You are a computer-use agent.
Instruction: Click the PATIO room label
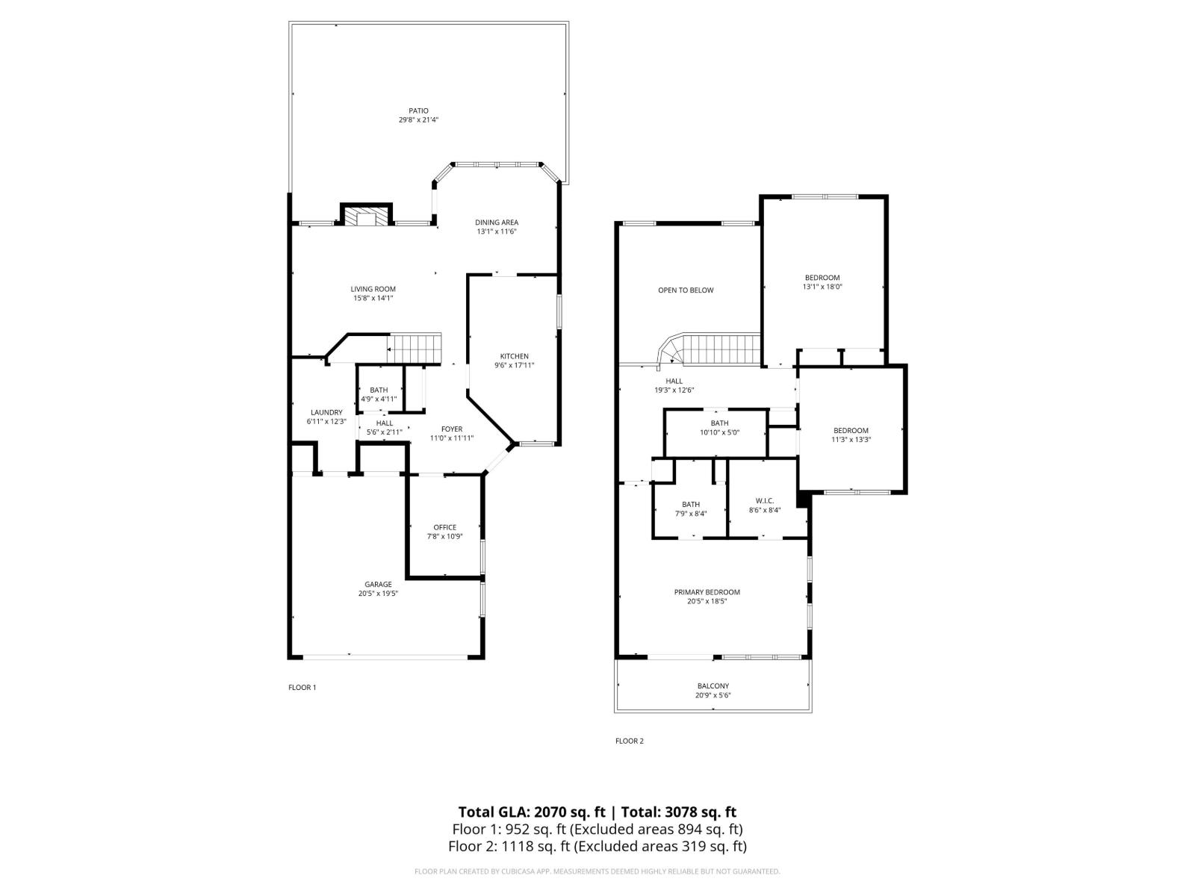418,111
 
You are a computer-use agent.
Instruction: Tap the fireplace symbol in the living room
366,217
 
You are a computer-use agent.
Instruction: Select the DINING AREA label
497,222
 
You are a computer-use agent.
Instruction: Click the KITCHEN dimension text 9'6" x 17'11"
514,365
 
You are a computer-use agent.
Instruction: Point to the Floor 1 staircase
415,348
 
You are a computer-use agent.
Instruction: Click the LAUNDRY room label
326,412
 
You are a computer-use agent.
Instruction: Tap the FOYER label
451,429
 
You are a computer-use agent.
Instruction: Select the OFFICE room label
444,527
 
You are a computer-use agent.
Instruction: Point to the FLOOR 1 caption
302,687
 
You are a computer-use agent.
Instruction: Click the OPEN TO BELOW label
686,290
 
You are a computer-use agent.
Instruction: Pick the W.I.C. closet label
764,500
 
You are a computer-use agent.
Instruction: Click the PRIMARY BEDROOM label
707,592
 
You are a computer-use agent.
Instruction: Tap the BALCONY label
713,685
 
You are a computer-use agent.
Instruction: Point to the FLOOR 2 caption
629,741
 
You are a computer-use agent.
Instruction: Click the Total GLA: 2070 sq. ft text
531,812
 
